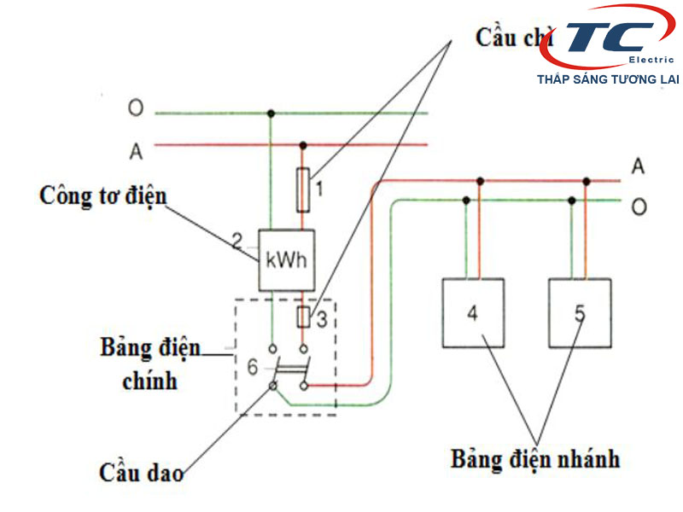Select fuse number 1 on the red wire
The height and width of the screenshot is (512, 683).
(302, 189)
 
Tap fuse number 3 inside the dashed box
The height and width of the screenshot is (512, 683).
(302, 318)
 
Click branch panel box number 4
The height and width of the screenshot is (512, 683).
(472, 312)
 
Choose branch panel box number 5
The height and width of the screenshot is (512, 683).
(580, 312)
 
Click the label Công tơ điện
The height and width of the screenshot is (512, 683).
(103, 195)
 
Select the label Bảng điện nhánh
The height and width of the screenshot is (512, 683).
(535, 458)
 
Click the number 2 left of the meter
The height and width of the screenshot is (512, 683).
(237, 240)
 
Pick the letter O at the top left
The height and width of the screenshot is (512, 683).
(136, 109)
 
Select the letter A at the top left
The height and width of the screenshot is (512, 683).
(136, 152)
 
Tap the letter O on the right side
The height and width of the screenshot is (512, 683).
(637, 208)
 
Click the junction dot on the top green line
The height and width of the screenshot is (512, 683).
(271, 113)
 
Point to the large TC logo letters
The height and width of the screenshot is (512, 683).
(605, 38)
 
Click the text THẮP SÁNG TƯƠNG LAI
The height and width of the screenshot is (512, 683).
(607, 79)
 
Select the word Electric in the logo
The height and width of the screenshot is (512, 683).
(651, 59)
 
